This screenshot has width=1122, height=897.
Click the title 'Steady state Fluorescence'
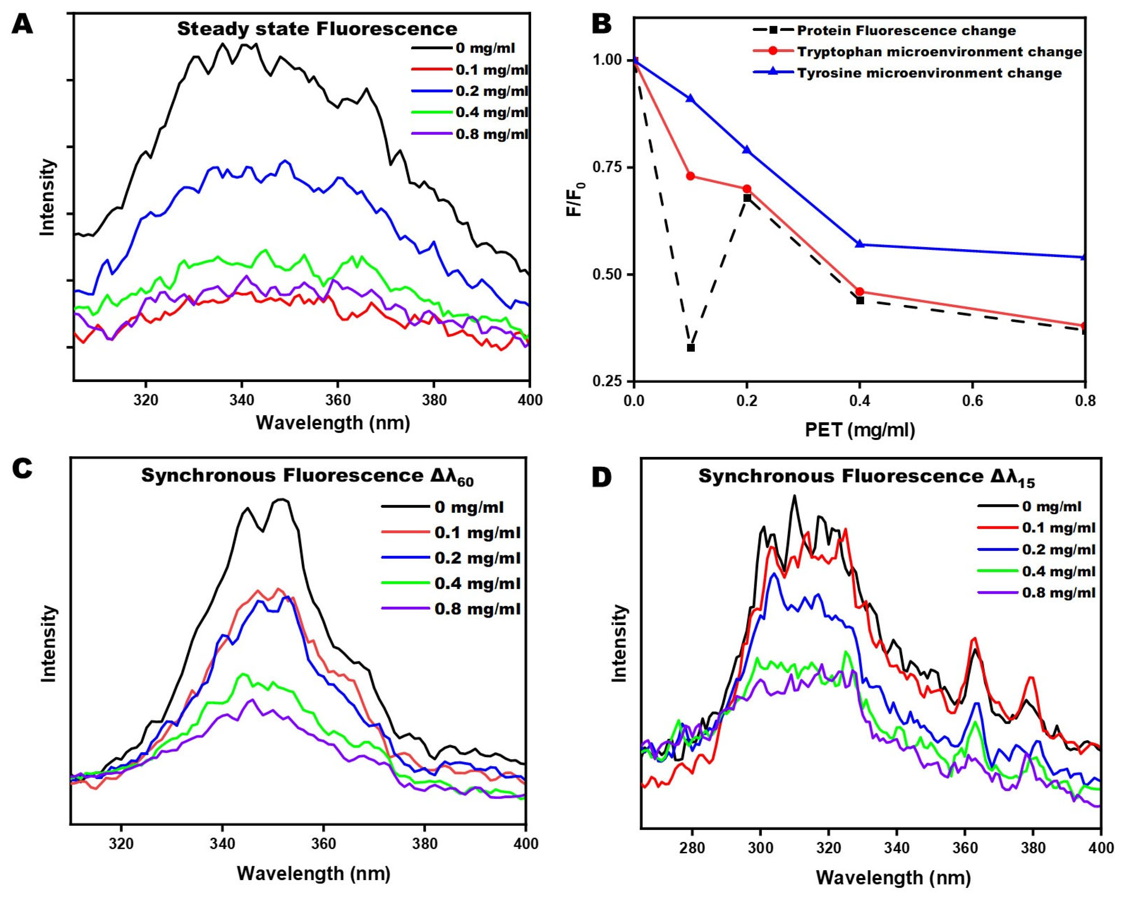[x=317, y=29]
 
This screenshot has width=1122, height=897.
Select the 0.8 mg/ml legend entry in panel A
[x=492, y=134]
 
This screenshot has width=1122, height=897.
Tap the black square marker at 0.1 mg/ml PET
[x=691, y=348]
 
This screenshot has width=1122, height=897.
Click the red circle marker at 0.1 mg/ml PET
[x=691, y=176]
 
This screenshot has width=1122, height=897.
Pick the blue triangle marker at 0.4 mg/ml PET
[x=860, y=244]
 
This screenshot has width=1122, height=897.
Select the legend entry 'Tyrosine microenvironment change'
[x=929, y=73]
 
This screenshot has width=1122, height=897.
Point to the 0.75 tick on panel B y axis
[x=609, y=167]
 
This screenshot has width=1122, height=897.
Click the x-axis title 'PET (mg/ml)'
[x=860, y=430]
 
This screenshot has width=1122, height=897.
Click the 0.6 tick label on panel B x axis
[x=972, y=401]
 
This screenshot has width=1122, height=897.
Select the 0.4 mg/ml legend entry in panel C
[x=477, y=583]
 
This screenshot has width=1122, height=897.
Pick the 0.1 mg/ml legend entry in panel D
[x=1059, y=527]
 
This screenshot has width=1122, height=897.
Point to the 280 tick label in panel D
[x=693, y=847]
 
